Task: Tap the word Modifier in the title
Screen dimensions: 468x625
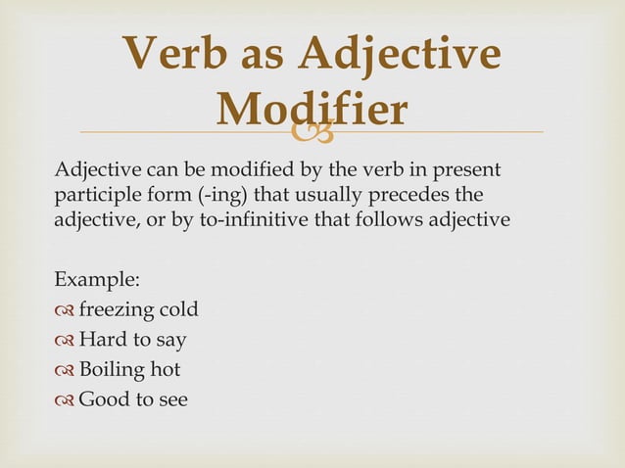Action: tap(312, 110)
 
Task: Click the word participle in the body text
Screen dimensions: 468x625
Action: tap(97, 194)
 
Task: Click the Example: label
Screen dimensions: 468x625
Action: tap(97, 280)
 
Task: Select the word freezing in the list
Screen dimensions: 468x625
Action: tap(117, 310)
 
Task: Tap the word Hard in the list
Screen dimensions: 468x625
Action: tap(101, 340)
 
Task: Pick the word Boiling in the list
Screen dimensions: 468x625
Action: tap(113, 370)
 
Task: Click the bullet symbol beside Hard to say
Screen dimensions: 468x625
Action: tap(65, 341)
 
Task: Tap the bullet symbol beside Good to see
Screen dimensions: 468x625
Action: tap(65, 400)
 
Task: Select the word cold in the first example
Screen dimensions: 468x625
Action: tap(179, 310)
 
